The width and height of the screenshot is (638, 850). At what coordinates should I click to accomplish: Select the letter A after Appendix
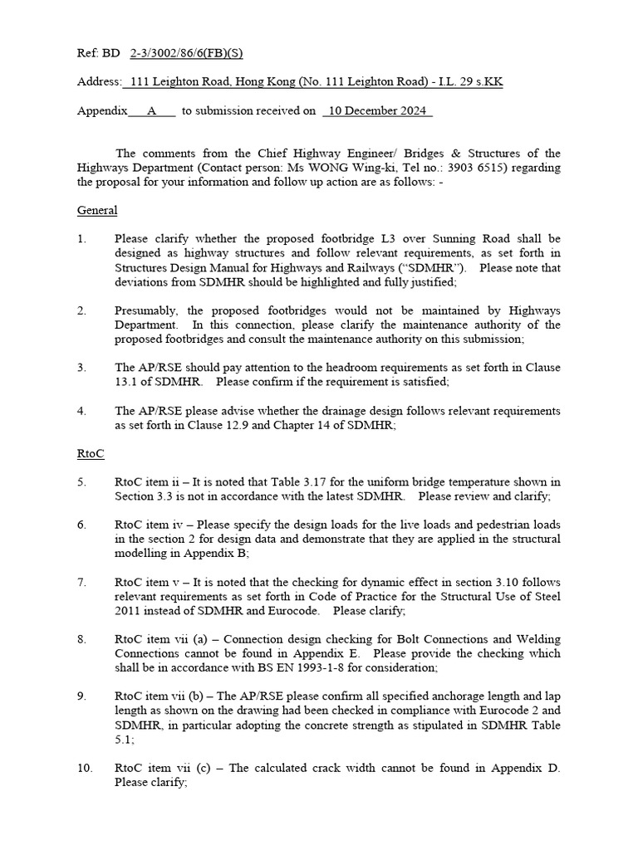[151, 110]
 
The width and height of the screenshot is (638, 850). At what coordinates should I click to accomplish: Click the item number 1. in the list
[82, 239]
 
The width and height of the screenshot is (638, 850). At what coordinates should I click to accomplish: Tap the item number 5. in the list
[82, 481]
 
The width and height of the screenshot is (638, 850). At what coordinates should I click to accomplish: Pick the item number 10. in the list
[85, 768]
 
